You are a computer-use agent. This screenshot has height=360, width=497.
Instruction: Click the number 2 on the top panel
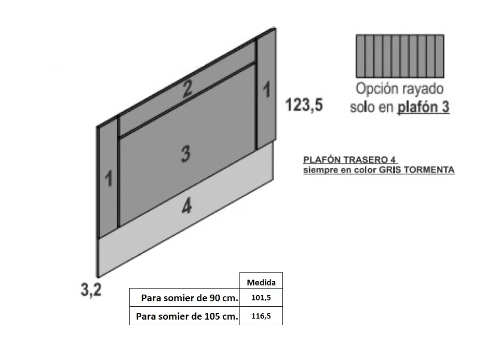pyautogui.click(x=187, y=88)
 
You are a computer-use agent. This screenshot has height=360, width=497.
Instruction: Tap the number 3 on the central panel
pyautogui.click(x=186, y=154)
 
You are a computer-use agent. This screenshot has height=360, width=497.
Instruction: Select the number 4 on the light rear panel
pyautogui.click(x=187, y=207)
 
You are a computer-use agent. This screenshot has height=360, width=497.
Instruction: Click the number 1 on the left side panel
pyautogui.click(x=109, y=178)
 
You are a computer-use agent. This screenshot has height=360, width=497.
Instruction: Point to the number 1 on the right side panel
pyautogui.click(x=266, y=89)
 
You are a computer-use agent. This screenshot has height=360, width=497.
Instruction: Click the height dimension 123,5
pyautogui.click(x=304, y=105)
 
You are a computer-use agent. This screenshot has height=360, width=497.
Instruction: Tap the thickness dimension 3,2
pyautogui.click(x=91, y=289)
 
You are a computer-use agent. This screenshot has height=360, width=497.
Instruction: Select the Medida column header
pyautogui.click(x=261, y=283)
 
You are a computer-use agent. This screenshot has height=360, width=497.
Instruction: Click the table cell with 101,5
pyautogui.click(x=261, y=297)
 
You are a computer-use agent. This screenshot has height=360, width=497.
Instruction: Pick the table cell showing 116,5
pyautogui.click(x=261, y=316)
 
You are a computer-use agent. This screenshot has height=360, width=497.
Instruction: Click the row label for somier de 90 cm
pyautogui.click(x=189, y=298)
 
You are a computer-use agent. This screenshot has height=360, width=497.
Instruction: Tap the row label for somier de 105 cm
pyautogui.click(x=187, y=316)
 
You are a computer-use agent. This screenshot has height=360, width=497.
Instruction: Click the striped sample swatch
pyautogui.click(x=400, y=57)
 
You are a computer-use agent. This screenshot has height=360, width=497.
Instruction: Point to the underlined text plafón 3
pyautogui.click(x=423, y=107)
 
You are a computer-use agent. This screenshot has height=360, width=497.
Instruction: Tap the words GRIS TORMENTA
pyautogui.click(x=416, y=170)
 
